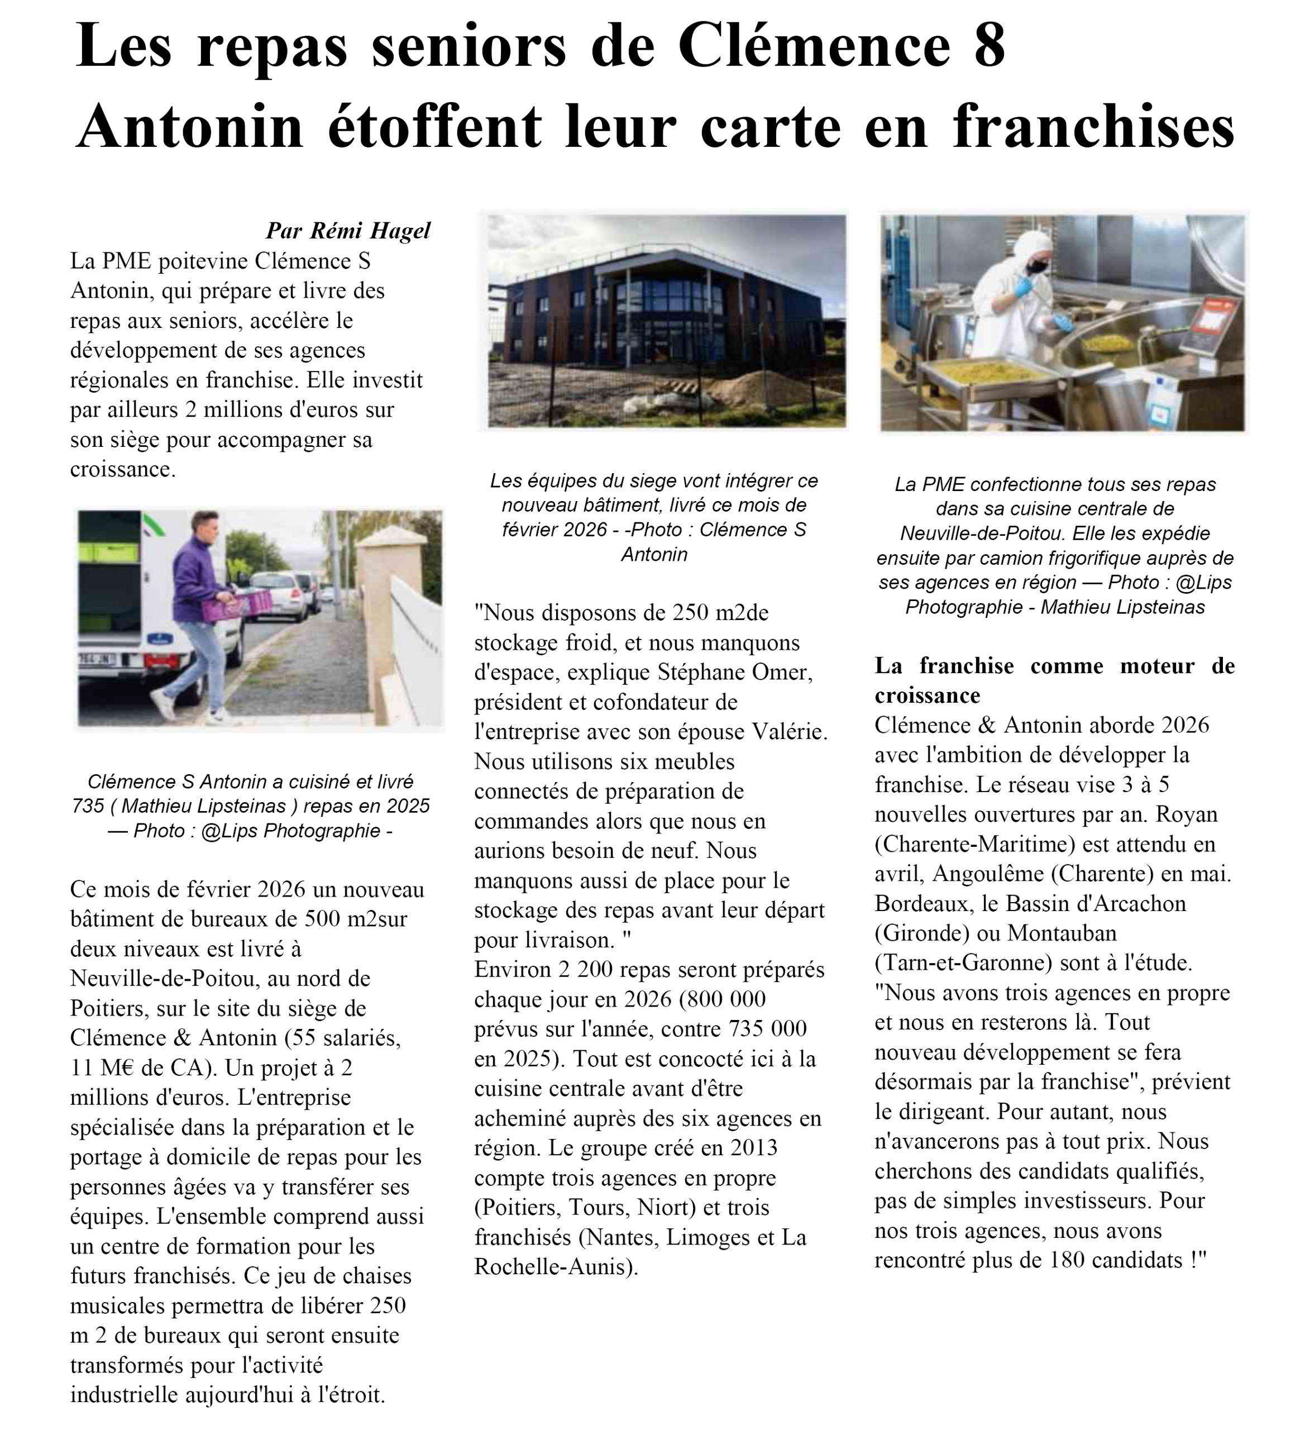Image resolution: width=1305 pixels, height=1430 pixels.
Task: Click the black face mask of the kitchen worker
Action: point(1038,265)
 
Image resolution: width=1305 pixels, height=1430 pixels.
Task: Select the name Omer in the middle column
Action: point(783,672)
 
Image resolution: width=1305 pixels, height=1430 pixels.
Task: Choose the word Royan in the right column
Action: point(1186,814)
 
